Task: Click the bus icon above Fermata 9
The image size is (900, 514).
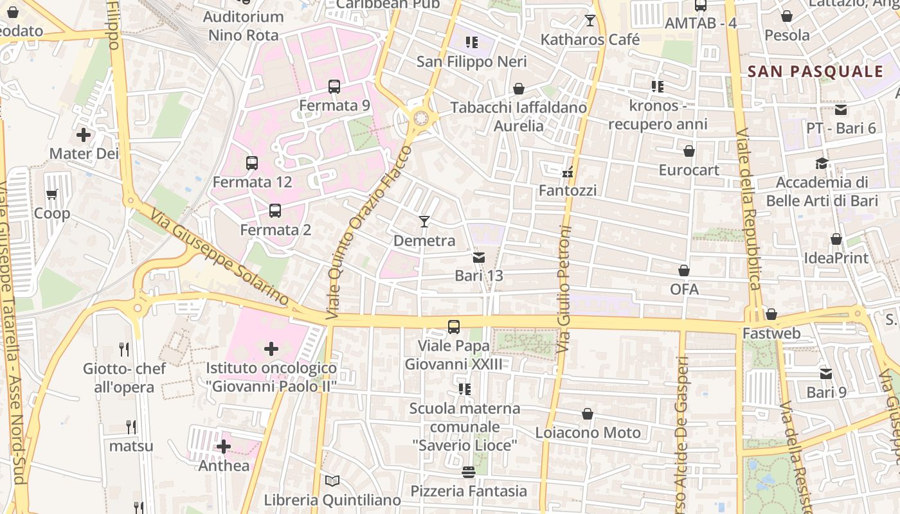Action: [x=334, y=86]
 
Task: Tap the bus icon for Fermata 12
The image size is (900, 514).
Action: [x=252, y=163]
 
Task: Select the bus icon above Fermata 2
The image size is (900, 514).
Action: [x=275, y=210]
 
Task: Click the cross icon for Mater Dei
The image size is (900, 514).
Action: [x=84, y=135]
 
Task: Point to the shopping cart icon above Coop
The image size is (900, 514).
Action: [x=52, y=194]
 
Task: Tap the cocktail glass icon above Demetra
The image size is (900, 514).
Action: [x=424, y=222]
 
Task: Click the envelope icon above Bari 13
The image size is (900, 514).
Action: [x=479, y=258]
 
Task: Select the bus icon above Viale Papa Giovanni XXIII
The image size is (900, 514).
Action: [x=454, y=326]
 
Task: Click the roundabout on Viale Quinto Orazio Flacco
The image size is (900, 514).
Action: [x=421, y=118]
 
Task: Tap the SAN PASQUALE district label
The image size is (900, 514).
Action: [x=816, y=71]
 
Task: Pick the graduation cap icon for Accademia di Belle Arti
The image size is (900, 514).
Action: [x=822, y=163]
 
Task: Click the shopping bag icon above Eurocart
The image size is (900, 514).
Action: [x=689, y=151]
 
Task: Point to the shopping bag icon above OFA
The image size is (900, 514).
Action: [x=684, y=270]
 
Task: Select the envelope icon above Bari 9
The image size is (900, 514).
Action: [x=826, y=373]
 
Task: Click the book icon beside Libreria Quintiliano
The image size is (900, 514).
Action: [x=332, y=481]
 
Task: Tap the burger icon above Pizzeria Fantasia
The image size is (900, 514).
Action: [x=468, y=472]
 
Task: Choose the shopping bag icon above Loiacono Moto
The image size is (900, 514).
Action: [x=588, y=414]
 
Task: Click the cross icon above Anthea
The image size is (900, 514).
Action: [x=224, y=446]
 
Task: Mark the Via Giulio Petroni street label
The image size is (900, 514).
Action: [x=564, y=289]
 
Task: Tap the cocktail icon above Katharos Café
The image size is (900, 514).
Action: [x=590, y=21]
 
